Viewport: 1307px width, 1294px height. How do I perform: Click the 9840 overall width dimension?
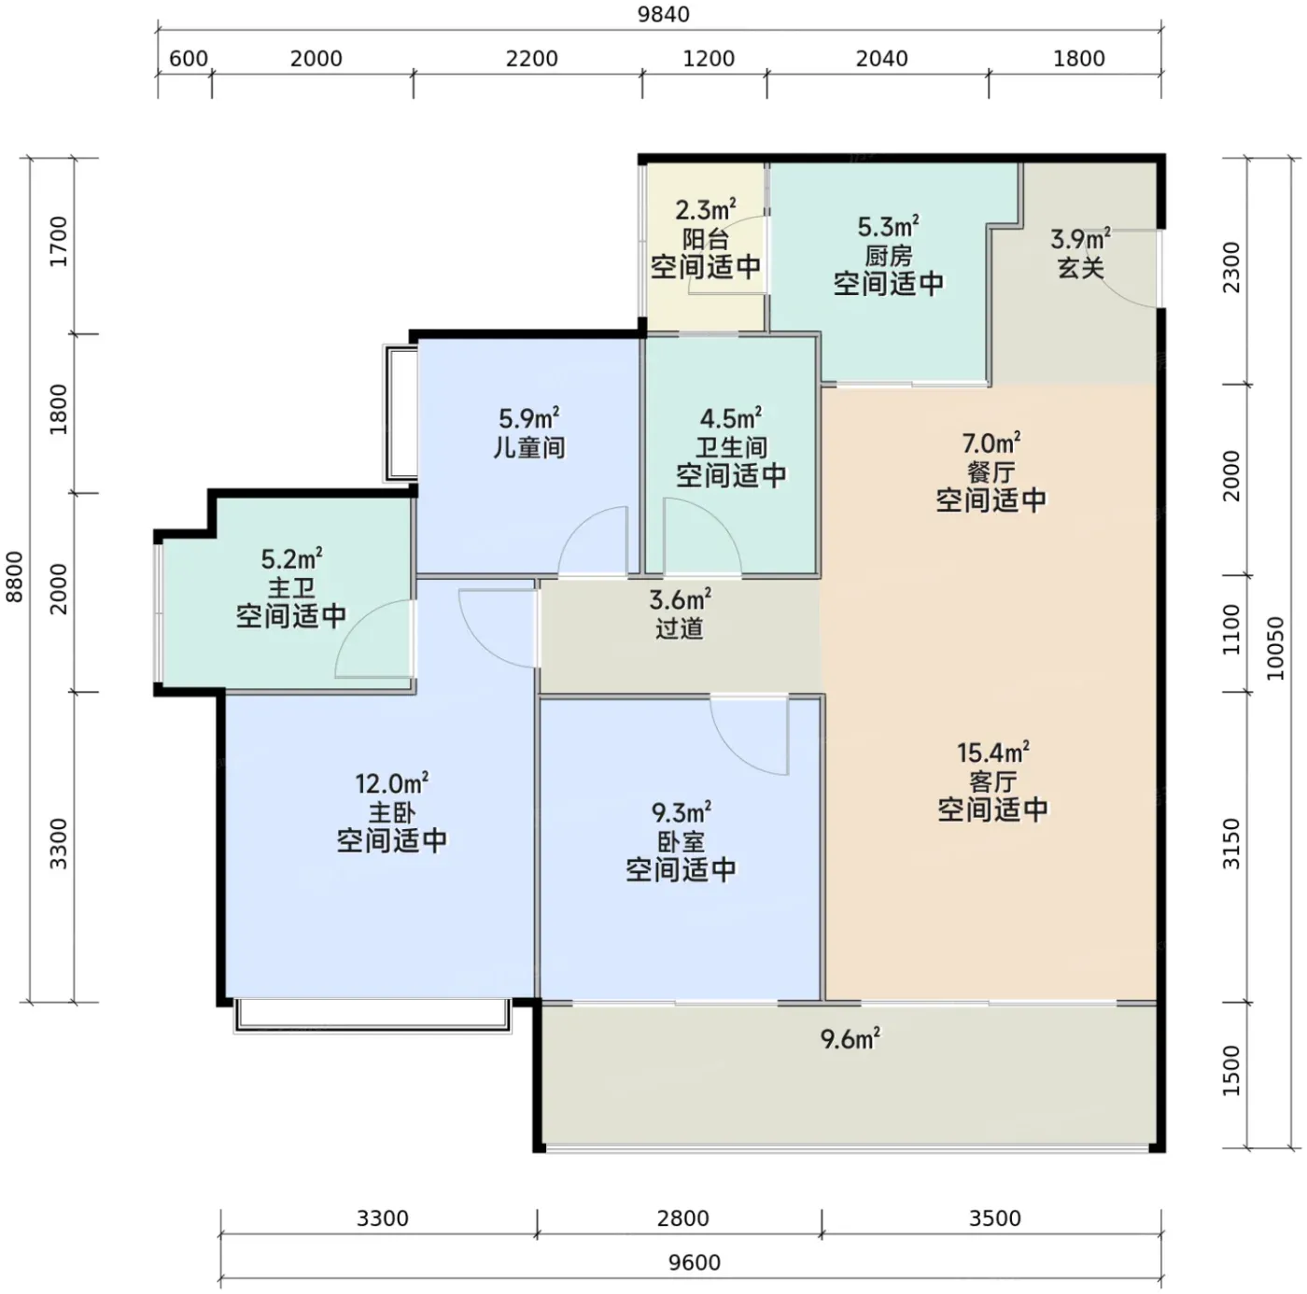pos(663,14)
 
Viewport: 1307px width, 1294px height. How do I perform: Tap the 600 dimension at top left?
pos(188,59)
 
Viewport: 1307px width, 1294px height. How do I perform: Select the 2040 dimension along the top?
pos(881,59)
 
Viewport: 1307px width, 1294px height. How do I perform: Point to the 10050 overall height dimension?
pos(1274,648)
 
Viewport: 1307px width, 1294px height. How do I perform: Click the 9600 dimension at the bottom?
pos(694,1262)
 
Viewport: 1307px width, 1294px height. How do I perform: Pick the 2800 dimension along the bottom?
pos(682,1218)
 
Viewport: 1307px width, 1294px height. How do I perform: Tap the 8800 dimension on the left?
pos(14,577)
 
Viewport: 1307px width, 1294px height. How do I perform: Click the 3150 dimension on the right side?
pos(1230,844)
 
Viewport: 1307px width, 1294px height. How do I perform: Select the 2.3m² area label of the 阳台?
pos(706,210)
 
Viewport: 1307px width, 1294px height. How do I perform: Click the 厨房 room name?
pos(888,256)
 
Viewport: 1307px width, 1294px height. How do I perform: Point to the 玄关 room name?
pos(1080,268)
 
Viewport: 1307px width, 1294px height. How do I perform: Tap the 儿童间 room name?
pos(529,448)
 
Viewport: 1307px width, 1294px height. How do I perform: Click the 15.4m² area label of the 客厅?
pos(992,752)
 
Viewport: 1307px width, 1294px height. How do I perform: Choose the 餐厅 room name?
pos(991,472)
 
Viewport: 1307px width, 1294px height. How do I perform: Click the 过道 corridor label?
pos(679,628)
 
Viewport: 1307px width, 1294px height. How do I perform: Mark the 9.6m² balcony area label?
pos(850,1039)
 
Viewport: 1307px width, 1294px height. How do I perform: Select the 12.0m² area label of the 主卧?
pos(391,783)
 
